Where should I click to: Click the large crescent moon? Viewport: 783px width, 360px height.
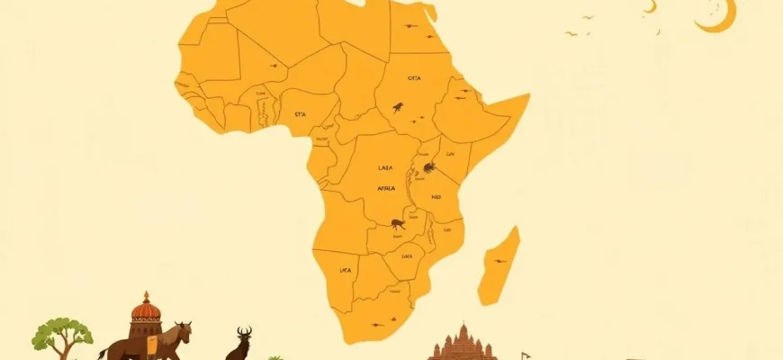(x=721, y=18)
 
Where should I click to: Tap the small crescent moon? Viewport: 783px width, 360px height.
(x=649, y=7)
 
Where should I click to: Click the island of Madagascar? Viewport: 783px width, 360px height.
(x=500, y=265)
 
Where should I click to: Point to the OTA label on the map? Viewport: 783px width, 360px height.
(x=414, y=78)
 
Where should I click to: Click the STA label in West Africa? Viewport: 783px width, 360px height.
(x=301, y=115)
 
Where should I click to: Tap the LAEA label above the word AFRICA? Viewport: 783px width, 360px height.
(x=386, y=167)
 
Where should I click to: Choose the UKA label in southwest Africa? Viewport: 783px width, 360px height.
(x=345, y=269)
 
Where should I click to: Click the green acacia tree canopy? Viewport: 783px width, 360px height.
(x=62, y=332)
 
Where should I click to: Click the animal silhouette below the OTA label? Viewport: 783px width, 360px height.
(x=397, y=108)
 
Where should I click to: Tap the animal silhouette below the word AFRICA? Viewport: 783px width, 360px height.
(x=396, y=223)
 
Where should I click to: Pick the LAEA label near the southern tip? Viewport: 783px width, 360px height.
(x=407, y=256)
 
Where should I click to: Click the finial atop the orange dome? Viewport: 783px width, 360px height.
(x=145, y=294)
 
